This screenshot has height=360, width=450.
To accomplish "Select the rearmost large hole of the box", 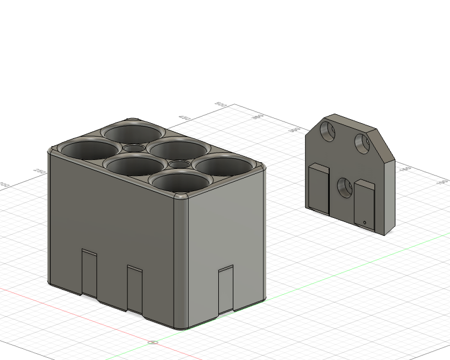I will pyautogui.click(x=132, y=134).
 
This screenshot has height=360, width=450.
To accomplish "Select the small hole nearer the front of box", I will pyautogui.click(x=179, y=164).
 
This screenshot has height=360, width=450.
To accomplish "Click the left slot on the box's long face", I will pyautogui.click(x=89, y=271).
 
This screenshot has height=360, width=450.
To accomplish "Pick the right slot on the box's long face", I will pyautogui.click(x=135, y=288).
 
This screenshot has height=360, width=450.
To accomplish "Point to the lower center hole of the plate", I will pyautogui.click(x=344, y=188).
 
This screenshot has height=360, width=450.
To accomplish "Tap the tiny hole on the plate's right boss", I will pyautogui.click(x=365, y=223).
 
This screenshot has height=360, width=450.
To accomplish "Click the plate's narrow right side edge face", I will pyautogui.click(x=388, y=195).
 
